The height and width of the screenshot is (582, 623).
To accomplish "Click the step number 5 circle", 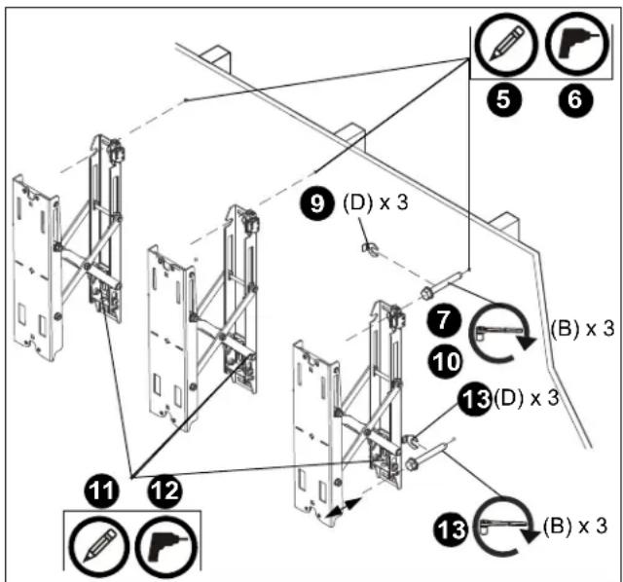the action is (504, 99).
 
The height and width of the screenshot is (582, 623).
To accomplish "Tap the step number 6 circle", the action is (575, 99).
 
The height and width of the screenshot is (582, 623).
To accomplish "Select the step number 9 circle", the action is (316, 203).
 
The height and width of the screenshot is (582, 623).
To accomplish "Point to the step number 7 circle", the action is (445, 320).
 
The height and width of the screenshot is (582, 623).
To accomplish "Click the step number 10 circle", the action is (445, 362).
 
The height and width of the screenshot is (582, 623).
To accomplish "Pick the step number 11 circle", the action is (101, 491).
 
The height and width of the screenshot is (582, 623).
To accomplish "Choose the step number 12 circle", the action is (165, 491).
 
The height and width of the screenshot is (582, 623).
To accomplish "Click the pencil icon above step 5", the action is (505, 45).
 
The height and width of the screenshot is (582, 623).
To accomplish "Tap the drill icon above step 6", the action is (578, 45).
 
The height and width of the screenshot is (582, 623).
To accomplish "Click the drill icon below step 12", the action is (166, 547).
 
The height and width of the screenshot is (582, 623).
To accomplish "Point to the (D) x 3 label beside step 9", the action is (376, 203).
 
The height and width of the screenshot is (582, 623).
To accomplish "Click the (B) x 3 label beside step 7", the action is (582, 329).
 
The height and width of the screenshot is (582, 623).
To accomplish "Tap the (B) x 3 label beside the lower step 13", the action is (575, 526).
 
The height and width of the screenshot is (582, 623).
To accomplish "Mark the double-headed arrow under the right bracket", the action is (343, 508).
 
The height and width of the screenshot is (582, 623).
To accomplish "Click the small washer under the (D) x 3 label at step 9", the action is (369, 249).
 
